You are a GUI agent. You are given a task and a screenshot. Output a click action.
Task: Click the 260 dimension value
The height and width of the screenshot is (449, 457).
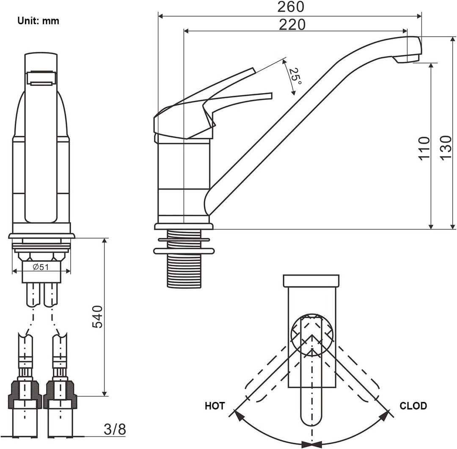[291, 7]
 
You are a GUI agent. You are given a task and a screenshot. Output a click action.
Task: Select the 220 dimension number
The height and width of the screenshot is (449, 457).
[292, 25]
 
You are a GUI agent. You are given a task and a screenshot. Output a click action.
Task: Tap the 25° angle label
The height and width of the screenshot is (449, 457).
[295, 77]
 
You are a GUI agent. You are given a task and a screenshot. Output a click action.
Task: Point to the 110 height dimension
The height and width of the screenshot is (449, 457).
[424, 148]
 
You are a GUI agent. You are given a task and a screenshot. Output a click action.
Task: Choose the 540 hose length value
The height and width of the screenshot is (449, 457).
[97, 317]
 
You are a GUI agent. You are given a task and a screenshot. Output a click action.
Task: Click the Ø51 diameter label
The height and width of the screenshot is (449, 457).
[41, 267]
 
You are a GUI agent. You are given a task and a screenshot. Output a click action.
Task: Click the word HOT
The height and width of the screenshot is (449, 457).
[215, 406]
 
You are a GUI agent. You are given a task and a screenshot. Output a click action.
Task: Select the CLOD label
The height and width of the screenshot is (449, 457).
[413, 405]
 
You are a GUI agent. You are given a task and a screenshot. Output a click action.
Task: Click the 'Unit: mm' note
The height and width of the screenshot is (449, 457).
[38, 21]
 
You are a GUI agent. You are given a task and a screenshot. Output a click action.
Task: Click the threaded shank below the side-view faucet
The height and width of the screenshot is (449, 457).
[184, 258]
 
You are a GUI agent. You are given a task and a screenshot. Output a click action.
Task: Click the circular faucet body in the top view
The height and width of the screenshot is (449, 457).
[312, 336]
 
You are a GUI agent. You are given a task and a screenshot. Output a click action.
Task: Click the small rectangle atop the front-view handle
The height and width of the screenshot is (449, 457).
[41, 78]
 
